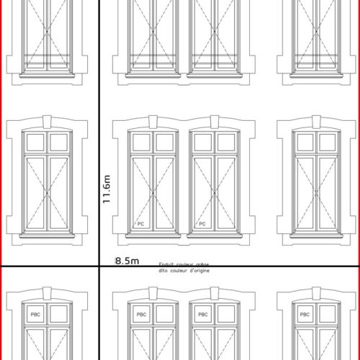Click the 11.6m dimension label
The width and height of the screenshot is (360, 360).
click(107, 191)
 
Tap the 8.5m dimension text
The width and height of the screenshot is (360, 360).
click(126, 261)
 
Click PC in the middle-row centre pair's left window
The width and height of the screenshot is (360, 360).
click(141, 224)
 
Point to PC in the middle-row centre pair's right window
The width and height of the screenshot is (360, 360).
click(203, 224)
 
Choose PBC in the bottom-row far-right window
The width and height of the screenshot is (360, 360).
click(305, 315)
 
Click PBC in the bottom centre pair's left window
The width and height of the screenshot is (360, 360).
click(141, 315)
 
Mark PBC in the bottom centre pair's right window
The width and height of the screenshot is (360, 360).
click(203, 315)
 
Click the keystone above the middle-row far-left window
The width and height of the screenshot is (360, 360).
click(48, 120)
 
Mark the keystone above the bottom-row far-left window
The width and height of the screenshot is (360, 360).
click(48, 292)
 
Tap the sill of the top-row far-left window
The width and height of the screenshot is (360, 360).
click(48, 73)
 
